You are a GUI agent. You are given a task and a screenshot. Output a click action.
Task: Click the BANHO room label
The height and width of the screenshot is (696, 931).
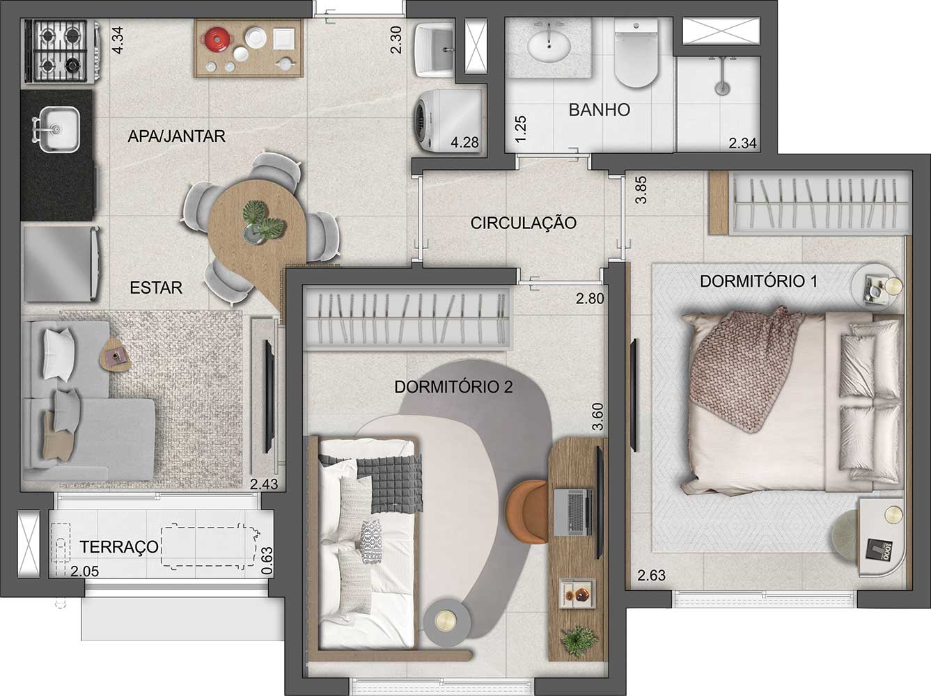[x=599, y=110]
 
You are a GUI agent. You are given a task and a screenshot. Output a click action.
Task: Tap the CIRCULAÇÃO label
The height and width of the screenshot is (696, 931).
[x=523, y=223]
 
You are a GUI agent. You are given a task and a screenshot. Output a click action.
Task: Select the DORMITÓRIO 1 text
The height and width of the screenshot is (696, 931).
[x=758, y=282]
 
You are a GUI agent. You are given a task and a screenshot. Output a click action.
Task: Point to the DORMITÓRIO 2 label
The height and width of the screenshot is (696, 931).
[x=453, y=387]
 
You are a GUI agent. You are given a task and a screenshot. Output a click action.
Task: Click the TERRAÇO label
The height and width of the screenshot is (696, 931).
[x=119, y=548]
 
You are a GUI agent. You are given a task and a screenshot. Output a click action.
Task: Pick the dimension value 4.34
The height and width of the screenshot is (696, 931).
[x=118, y=40]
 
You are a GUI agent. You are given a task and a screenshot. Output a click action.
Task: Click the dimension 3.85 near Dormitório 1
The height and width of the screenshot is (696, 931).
[x=641, y=189]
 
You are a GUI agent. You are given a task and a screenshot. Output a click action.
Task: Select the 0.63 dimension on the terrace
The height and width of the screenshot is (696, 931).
[x=266, y=561]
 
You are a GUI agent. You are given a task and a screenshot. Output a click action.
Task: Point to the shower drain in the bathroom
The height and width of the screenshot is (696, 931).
[x=723, y=88]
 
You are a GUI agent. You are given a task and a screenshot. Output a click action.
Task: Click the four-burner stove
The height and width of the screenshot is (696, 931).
[x=57, y=51]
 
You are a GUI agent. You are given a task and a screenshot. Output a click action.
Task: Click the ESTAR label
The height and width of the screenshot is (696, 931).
[x=156, y=287]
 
